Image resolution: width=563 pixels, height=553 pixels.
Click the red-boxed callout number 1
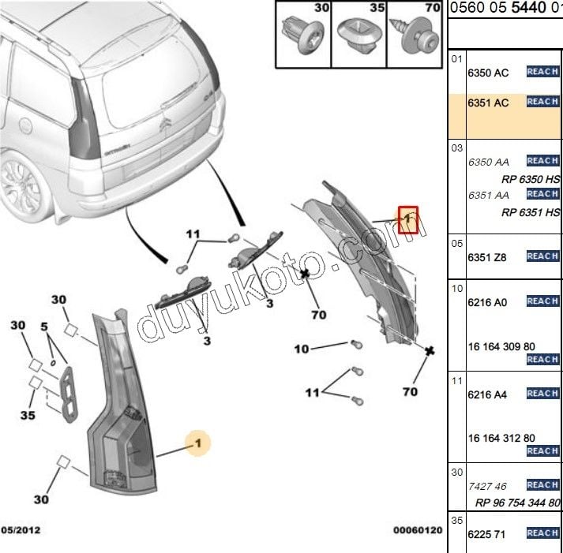tap(407, 219)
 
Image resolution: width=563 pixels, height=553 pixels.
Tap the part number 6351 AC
tap(488, 103)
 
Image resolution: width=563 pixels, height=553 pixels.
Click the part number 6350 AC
tap(488, 73)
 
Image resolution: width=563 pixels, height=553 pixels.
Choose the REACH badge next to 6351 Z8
tap(542, 256)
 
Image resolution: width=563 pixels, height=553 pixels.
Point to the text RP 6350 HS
tap(530, 179)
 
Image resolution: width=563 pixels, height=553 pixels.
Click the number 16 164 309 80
tap(501, 346)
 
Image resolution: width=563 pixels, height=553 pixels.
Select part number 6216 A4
tap(488, 394)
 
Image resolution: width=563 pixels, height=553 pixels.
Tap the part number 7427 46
tap(487, 487)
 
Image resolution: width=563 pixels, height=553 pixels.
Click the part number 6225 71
tap(486, 533)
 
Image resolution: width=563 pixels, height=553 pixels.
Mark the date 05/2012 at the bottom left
tap(21, 530)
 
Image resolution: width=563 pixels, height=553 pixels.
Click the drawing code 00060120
tap(418, 530)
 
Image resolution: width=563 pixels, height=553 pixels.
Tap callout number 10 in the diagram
tap(302, 348)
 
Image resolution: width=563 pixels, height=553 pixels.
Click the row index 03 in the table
tap(456, 148)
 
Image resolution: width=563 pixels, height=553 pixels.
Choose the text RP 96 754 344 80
tap(517, 503)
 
